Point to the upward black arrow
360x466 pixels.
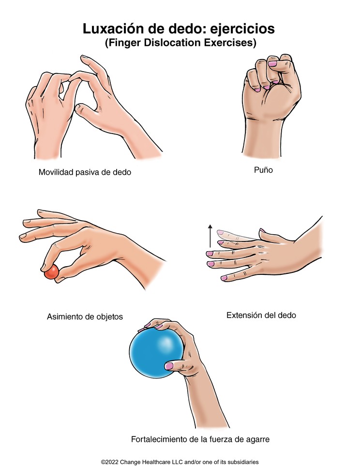click(210, 236)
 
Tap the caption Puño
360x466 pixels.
click(263, 170)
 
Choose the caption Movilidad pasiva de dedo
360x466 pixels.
click(85, 172)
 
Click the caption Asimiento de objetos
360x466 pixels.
click(85, 317)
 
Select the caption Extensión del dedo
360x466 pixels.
click(261, 315)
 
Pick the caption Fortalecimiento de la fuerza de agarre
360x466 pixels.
click(200, 439)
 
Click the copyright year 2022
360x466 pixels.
click(112, 462)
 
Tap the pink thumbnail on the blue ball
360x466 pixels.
click(169, 366)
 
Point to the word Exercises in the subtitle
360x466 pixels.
click(230, 43)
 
